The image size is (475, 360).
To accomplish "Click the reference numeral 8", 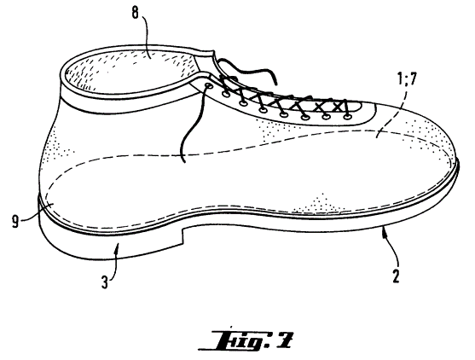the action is coord(135,13).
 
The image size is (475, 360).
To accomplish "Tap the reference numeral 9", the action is coord(15,221).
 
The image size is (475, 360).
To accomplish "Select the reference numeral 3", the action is coord(105,282).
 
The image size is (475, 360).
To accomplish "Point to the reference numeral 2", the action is coord(396,276).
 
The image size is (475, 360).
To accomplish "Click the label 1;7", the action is coord(405,79).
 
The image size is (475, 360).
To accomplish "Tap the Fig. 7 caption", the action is coord(246,340).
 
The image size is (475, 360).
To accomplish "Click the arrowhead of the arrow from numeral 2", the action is coord(385,230).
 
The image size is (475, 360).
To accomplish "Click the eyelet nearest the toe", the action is coord(347,116).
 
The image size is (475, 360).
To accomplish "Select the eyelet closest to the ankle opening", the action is coord(208,85).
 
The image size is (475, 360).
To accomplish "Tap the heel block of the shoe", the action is coord(111,242).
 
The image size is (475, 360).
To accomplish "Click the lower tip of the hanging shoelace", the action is coord(184,161).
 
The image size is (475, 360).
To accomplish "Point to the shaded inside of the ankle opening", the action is coord(130,71).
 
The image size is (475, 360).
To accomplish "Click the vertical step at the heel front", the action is coord(182,235).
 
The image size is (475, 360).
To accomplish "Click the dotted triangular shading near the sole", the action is coord(318,203).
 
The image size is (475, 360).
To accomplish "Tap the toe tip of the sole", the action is coord(457,168).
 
